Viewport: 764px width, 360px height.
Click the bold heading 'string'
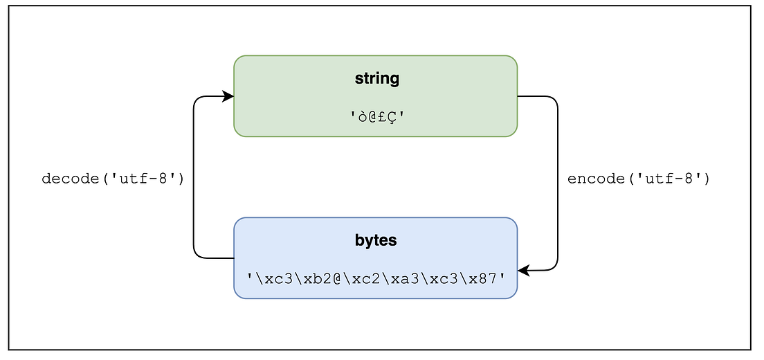(376, 78)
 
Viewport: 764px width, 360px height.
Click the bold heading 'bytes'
(376, 240)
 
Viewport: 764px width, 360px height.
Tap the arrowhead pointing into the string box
(228, 96)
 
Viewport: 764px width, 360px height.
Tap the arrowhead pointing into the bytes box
(524, 271)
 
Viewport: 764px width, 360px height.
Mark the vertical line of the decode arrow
(194, 208)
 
